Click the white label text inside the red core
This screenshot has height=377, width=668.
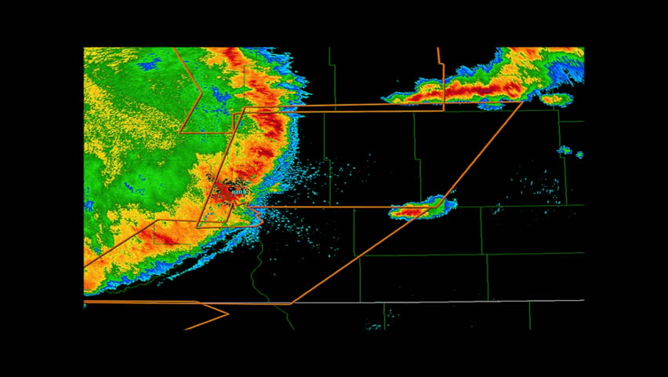(238, 190)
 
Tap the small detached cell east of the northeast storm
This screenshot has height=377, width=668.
(555, 100)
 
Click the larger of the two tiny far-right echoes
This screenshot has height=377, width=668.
(565, 150)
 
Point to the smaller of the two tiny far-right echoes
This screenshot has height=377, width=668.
(579, 155)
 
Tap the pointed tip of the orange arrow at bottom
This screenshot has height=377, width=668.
(228, 314)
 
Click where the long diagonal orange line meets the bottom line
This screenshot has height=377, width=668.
(292, 303)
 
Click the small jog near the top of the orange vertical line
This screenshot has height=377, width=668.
(439, 59)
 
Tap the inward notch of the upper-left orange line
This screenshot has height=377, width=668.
(201, 93)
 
